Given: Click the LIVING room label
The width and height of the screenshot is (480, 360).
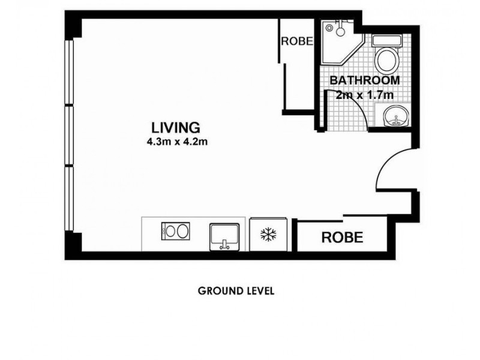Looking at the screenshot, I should pos(175,128).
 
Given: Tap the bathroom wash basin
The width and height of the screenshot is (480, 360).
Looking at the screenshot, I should pos(395,115).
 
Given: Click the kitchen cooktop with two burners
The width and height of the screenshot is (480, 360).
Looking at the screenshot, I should pos(175,232).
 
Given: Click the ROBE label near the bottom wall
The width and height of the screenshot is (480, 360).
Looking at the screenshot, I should pos(342,237).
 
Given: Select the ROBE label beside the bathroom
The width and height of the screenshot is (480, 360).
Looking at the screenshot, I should pos(297,41).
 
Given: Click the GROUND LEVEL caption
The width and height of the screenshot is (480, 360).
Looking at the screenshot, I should pos(236,291).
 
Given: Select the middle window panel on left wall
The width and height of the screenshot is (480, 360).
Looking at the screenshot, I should pos(70,135).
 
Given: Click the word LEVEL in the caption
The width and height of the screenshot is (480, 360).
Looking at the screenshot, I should pos(259,291).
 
